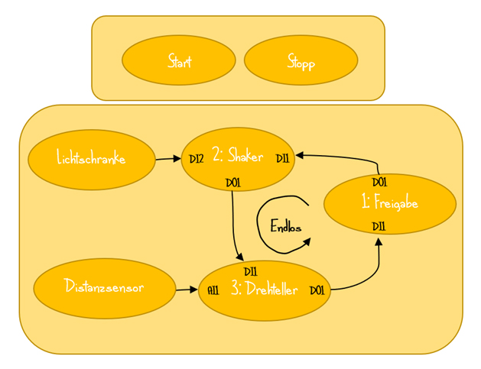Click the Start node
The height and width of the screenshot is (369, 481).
tap(179, 60)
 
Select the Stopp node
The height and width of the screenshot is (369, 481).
tap(301, 60)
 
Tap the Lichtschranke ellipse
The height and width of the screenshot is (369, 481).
tap(91, 159)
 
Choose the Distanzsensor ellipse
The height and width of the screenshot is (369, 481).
tap(105, 288)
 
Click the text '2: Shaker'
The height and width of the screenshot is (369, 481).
tap(238, 156)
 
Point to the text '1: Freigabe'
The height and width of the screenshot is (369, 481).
tap(390, 203)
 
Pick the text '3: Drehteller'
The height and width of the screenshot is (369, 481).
tap(265, 290)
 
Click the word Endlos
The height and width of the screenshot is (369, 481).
tap(286, 226)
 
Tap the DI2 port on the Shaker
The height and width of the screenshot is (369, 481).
tap(197, 159)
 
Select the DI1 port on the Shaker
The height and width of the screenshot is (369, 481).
tap(282, 159)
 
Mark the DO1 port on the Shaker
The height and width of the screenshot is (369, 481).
tap(233, 183)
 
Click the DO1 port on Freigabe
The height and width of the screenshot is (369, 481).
tap(379, 183)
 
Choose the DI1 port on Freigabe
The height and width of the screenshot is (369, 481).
tap(379, 226)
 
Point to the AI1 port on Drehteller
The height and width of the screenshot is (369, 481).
tap(213, 291)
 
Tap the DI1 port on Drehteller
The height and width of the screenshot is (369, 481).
tap(251, 271)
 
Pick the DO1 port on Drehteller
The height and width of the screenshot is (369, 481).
tap(317, 290)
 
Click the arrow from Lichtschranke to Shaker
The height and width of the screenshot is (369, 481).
tap(167, 159)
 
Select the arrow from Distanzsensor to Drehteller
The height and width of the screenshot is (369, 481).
tap(187, 290)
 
